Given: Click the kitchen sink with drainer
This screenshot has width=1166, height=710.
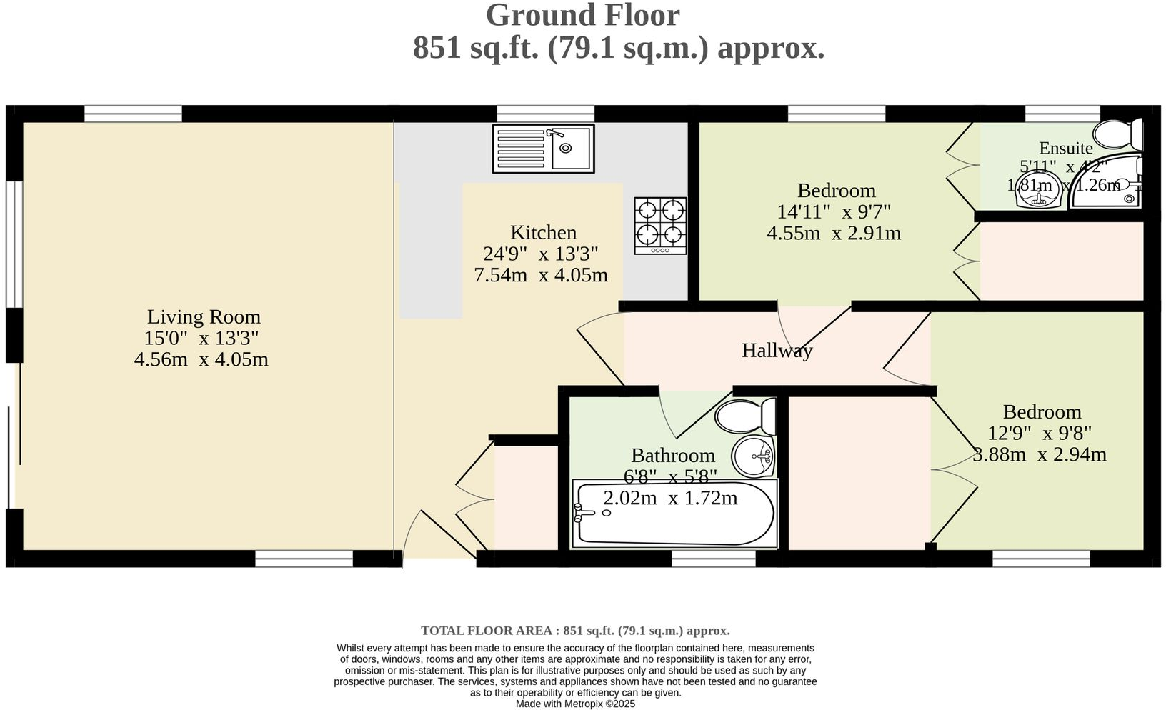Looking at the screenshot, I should (543, 149).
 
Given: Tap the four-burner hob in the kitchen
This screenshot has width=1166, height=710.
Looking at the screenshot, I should (661, 225).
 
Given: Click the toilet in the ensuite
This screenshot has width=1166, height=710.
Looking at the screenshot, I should (1119, 134).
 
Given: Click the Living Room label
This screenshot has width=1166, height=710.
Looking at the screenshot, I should (204, 316).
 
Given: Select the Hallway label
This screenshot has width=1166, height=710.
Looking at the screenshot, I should (777, 351).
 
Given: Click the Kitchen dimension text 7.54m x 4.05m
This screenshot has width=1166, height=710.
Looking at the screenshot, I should (541, 275).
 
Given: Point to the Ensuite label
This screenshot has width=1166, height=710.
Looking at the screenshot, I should (1065, 148).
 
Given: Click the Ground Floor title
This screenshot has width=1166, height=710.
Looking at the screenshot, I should (582, 15).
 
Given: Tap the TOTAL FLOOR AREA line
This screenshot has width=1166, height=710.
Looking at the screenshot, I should (575, 631).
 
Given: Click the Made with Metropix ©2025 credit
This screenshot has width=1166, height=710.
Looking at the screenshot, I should (575, 704).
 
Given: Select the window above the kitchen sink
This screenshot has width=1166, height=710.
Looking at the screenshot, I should (545, 114).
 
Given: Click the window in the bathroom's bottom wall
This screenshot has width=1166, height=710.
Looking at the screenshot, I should (713, 559).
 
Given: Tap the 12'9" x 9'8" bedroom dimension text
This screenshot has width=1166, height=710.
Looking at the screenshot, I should (1040, 433).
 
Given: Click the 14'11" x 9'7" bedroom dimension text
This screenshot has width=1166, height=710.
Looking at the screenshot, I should (833, 211).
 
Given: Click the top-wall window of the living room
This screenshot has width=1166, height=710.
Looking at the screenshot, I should (133, 114).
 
